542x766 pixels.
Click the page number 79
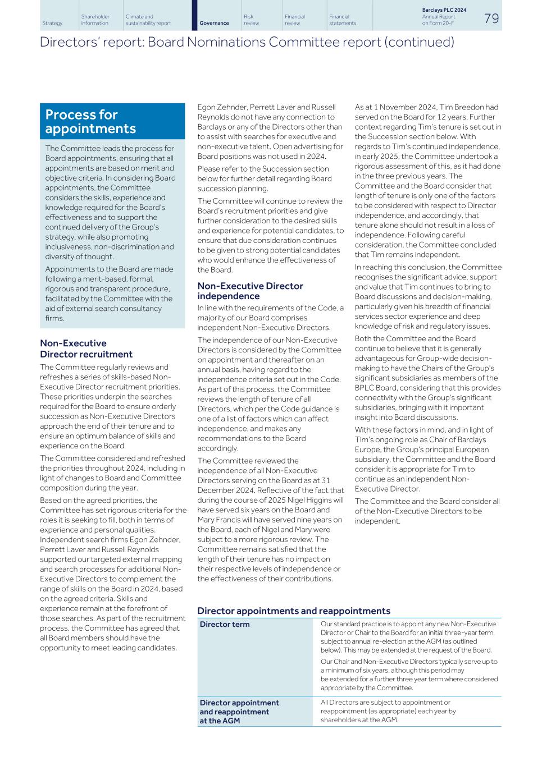point(491,19)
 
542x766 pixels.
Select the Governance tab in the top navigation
point(214,23)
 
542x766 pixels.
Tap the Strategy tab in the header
point(52,23)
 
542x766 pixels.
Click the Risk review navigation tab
point(252,20)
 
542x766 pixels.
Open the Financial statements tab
point(343,20)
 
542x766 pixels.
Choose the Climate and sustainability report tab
point(148,20)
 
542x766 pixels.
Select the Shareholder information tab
point(95,20)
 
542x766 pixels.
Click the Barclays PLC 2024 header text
point(444,10)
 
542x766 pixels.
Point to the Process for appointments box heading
point(90,122)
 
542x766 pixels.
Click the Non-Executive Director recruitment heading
point(86,348)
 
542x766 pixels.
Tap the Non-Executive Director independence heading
point(250,291)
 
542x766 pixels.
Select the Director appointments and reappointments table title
point(293,611)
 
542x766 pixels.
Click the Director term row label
point(225,624)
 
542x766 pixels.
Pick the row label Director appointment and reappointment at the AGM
point(239,712)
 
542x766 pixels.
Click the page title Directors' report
point(247,42)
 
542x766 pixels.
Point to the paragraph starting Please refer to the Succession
point(264,178)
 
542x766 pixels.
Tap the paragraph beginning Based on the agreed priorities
point(113,574)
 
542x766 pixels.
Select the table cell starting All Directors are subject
point(388,711)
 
